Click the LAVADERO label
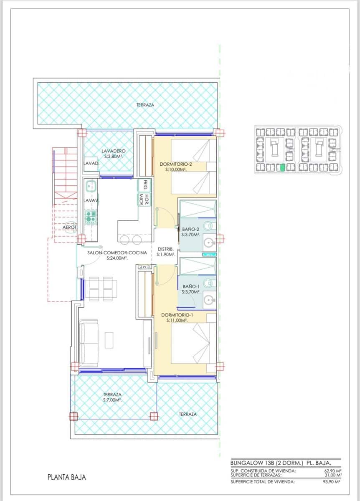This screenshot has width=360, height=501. coord(114,151)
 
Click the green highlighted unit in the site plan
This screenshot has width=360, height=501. coord(282,168)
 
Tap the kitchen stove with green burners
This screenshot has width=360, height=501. coord(91,216)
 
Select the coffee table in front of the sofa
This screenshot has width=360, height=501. coord(109,340)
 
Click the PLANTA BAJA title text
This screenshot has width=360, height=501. coord(67,477)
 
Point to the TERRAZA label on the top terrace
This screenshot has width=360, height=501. coord(145,105)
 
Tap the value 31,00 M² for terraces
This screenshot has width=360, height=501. coord(333,475)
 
